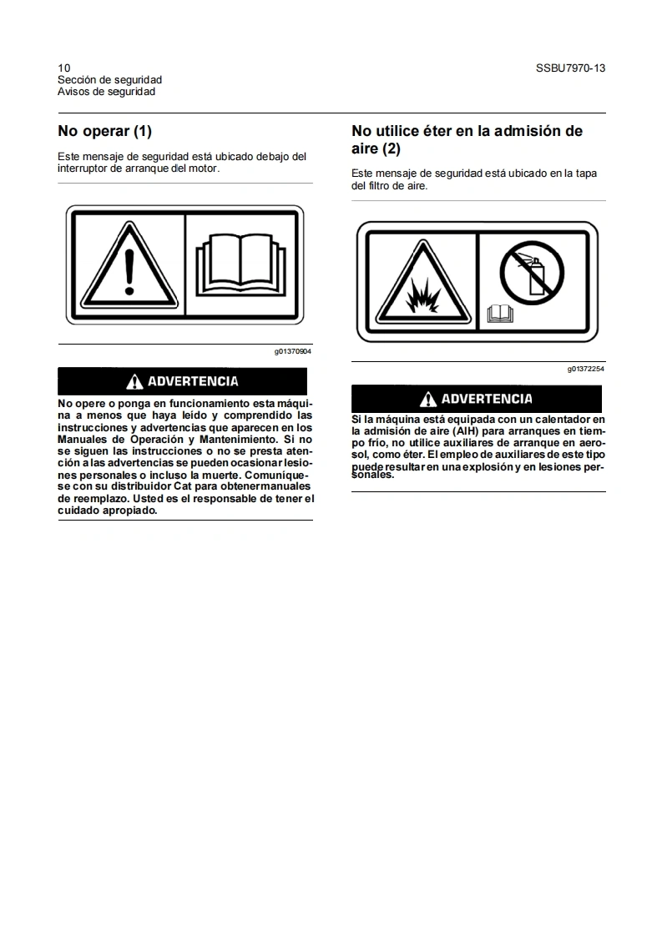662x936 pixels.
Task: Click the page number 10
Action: (x=63, y=68)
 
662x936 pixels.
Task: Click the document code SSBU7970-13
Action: (x=570, y=68)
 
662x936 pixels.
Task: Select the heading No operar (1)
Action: (x=104, y=131)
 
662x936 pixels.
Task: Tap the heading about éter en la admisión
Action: (x=467, y=139)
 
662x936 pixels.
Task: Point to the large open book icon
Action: (x=240, y=260)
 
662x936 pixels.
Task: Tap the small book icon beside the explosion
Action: (x=500, y=314)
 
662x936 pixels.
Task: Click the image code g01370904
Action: (x=292, y=352)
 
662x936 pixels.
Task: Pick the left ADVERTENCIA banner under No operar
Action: (x=182, y=381)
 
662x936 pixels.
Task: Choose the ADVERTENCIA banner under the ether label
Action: (x=478, y=399)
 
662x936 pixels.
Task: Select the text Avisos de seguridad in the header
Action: (x=106, y=92)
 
